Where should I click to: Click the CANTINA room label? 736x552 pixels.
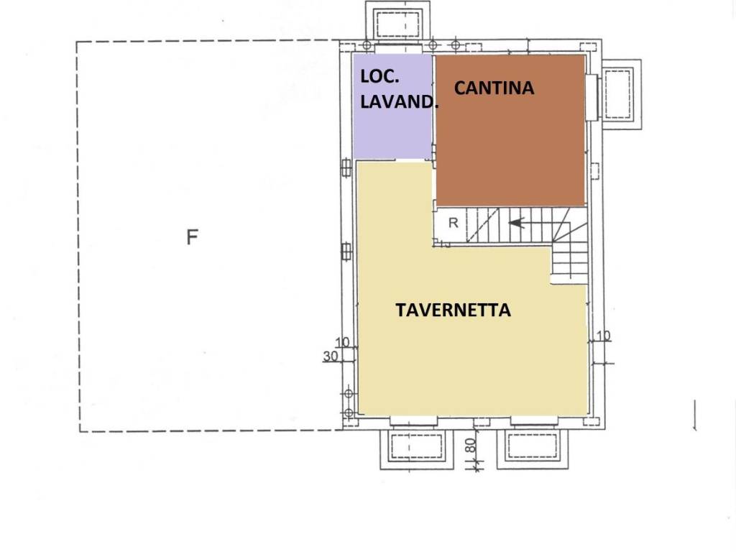tap(494, 88)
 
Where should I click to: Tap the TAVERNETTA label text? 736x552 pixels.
tap(453, 310)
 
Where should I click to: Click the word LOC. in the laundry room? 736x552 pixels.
tap(379, 76)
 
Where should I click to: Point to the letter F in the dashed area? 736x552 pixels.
tap(192, 237)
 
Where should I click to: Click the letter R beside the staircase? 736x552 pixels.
tap(453, 223)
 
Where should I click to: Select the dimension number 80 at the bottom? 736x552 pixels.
tap(471, 446)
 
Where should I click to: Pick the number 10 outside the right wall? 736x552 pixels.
tap(602, 336)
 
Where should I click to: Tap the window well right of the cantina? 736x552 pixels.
tap(617, 93)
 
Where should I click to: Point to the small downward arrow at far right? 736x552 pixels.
tap(695, 417)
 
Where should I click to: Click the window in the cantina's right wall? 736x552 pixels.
tap(592, 97)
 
